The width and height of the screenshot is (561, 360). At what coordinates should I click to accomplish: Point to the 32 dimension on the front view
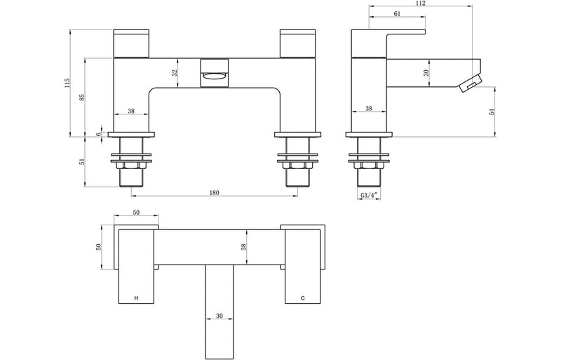[175, 72]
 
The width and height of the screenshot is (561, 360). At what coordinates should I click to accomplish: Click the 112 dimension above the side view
[421, 4]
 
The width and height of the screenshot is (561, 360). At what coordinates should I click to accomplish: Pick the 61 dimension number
[398, 13]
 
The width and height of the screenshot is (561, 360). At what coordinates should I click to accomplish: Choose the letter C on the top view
[302, 299]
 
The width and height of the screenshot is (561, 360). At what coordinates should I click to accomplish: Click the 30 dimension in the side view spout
[426, 72]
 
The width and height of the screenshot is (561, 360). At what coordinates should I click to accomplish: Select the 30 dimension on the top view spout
[219, 316]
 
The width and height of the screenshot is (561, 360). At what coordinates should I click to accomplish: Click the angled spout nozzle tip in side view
[469, 84]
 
